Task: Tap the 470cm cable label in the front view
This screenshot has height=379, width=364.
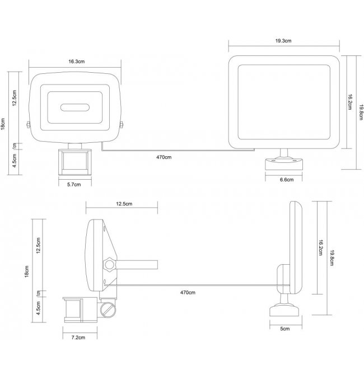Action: [x=164, y=157]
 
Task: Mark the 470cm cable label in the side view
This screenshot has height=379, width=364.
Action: [x=188, y=293]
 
